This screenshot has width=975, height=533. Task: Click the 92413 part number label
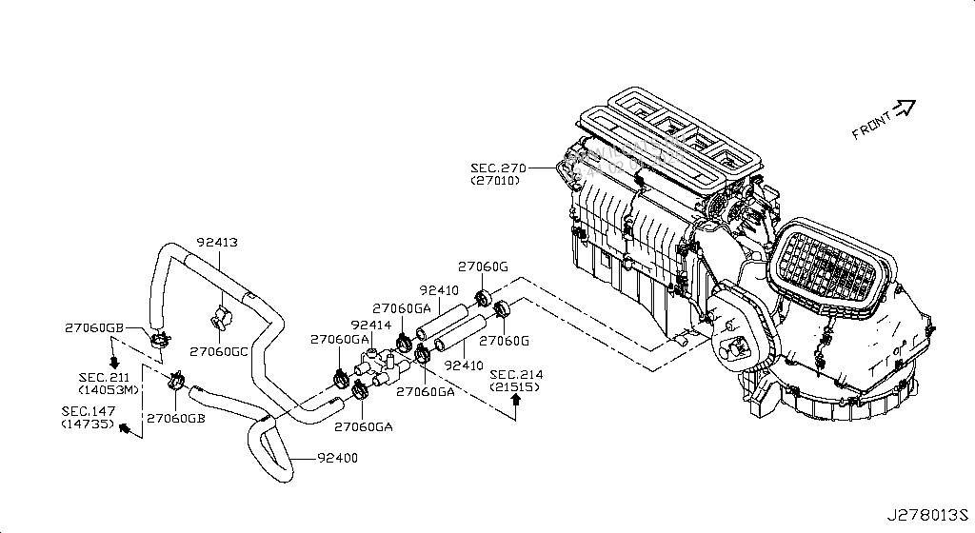[217, 242]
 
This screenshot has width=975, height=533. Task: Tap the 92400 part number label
[337, 459]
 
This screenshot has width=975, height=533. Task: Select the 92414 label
[370, 325]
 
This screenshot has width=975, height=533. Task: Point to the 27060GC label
[220, 350]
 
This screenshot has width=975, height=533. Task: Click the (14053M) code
[110, 389]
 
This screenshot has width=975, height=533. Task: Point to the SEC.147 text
[87, 411]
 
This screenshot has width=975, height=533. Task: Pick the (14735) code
[87, 423]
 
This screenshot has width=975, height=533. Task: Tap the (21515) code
[515, 386]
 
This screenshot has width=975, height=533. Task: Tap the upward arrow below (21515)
[515, 402]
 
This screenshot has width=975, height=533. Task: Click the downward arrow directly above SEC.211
[112, 362]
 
